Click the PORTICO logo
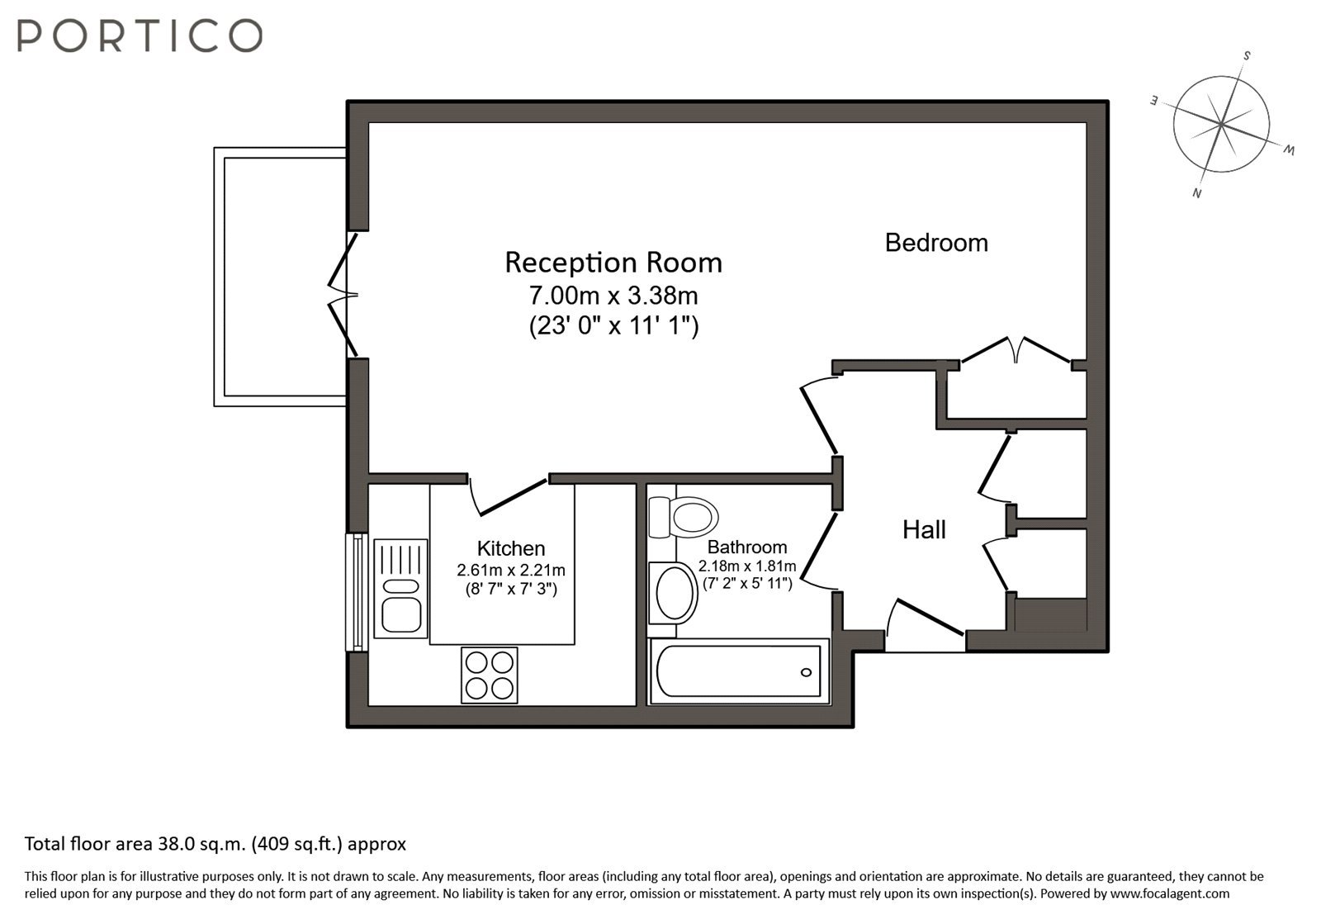click(x=140, y=36)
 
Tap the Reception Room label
click(x=613, y=263)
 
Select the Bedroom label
click(x=936, y=243)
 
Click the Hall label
click(x=924, y=529)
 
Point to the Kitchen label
click(x=511, y=548)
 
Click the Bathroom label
click(x=747, y=547)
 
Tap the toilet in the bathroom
click(x=683, y=518)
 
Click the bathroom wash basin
click(x=673, y=593)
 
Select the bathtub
click(x=740, y=671)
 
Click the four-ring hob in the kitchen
click(x=490, y=675)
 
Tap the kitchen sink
click(x=401, y=589)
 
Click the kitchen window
click(x=357, y=592)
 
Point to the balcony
click(x=280, y=277)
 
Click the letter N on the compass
click(x=1196, y=193)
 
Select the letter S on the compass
click(x=1247, y=56)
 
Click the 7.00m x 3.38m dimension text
click(x=613, y=296)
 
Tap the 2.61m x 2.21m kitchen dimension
click(x=511, y=571)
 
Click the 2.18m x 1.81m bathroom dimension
click(x=747, y=566)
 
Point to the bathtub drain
click(x=806, y=672)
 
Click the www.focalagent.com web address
click(x=1170, y=893)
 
